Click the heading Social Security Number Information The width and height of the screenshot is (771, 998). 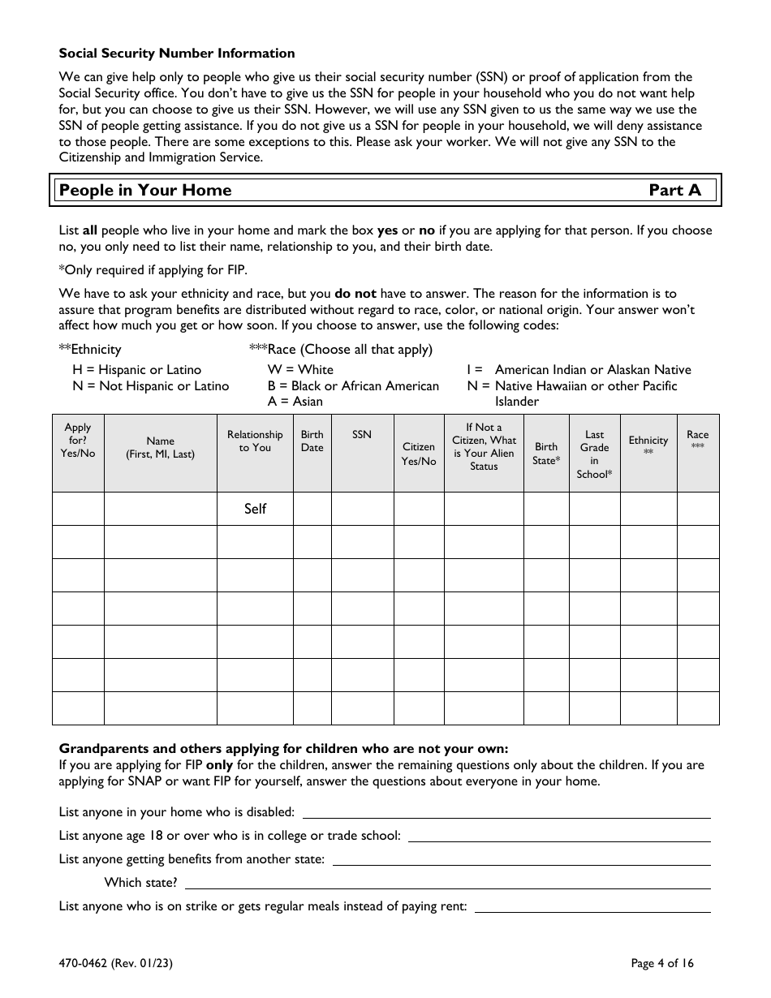(177, 54)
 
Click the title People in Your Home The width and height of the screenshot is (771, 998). (146, 191)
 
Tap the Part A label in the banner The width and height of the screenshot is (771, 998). (674, 191)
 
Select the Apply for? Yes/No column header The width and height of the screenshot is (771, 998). (78, 441)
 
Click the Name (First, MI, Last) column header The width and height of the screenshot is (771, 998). (160, 448)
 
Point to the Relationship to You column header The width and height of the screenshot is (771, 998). (255, 441)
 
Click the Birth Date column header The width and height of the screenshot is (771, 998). (312, 441)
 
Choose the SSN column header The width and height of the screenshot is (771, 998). (362, 435)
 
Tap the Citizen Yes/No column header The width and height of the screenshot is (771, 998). (419, 454)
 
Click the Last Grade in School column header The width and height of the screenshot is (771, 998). (594, 454)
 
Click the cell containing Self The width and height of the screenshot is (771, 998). (255, 509)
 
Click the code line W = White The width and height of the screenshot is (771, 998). (300, 370)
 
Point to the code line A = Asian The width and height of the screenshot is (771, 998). (295, 401)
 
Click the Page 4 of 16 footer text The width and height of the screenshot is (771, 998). (662, 964)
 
